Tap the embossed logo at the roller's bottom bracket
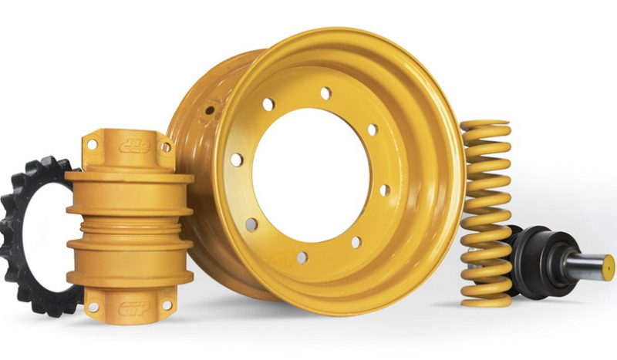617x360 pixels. pyautogui.click(x=133, y=308)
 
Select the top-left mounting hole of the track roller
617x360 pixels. pyautogui.click(x=92, y=144)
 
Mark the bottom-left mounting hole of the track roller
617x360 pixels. pyautogui.click(x=93, y=307)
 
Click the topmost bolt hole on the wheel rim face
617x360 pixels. pyautogui.click(x=325, y=93)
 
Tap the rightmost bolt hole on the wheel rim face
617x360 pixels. pyautogui.click(x=384, y=190)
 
